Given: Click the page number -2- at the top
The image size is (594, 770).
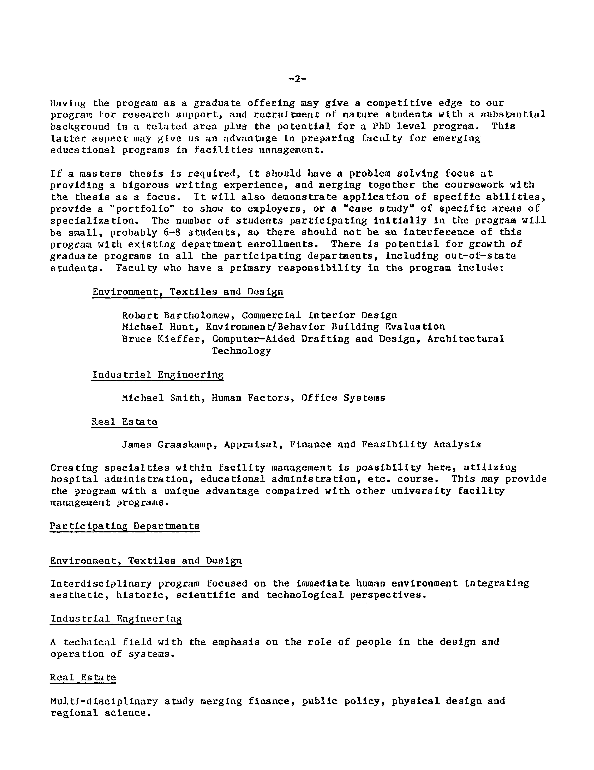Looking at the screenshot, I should click(297, 79).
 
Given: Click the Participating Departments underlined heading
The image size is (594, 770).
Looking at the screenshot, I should click(125, 526).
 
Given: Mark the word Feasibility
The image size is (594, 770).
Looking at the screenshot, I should click(394, 445).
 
